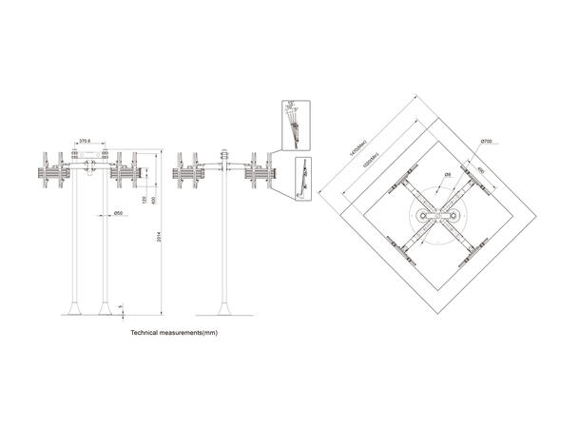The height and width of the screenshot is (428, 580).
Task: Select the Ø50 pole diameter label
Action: (120, 213)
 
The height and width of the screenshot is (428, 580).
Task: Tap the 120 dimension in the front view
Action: (143, 201)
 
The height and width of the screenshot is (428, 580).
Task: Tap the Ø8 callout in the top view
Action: (448, 175)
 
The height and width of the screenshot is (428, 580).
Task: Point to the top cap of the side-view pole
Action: (226, 152)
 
